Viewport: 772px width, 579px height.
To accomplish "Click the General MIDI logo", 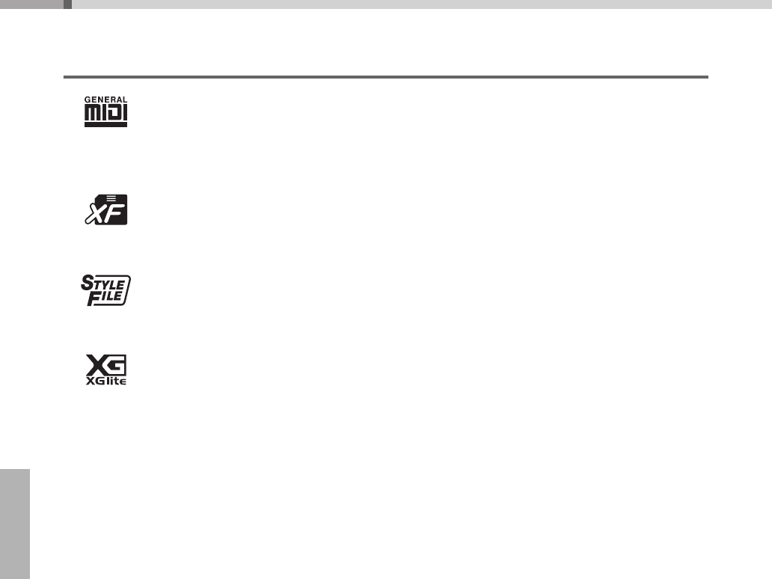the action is (x=105, y=111).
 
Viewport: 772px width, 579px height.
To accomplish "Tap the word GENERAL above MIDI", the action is (x=105, y=99).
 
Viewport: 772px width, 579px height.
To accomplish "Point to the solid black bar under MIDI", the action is (x=105, y=124).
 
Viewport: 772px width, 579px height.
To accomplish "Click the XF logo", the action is (x=105, y=209).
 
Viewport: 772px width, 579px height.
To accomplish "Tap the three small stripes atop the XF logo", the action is (x=111, y=197).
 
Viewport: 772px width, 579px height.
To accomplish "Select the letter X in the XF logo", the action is (x=95, y=214).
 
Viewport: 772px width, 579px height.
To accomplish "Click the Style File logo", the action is (x=105, y=290).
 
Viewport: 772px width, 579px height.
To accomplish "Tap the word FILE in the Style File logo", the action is (x=108, y=297).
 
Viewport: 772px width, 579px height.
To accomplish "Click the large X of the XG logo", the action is (x=95, y=365).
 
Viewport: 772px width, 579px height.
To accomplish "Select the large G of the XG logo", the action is (x=116, y=365).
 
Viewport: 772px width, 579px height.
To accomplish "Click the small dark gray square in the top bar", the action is (x=67, y=4).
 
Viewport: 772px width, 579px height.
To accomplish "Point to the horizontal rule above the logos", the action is (x=385, y=76).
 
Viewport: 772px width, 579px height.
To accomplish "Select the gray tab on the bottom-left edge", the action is (x=14, y=524).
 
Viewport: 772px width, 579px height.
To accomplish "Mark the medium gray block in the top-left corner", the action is (x=31, y=4).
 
